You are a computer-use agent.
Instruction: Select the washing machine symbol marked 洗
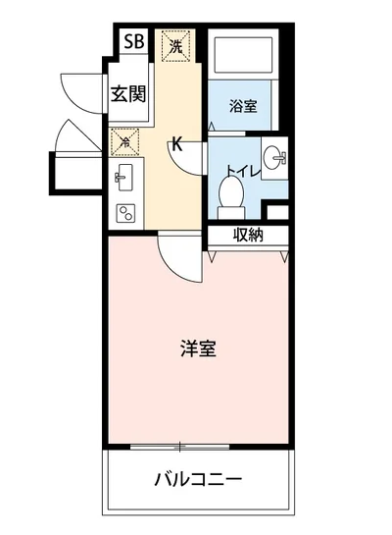(175, 45)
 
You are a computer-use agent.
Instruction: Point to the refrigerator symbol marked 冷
(125, 140)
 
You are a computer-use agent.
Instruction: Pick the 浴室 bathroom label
(244, 106)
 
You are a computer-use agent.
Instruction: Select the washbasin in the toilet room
(276, 157)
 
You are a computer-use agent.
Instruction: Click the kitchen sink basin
(124, 177)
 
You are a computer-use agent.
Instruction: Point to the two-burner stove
(126, 210)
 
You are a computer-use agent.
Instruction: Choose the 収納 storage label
(247, 235)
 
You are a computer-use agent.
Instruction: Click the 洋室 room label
(197, 348)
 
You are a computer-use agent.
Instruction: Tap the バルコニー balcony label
(197, 480)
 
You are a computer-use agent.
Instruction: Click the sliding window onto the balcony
(197, 448)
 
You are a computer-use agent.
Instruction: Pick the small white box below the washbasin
(278, 211)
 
